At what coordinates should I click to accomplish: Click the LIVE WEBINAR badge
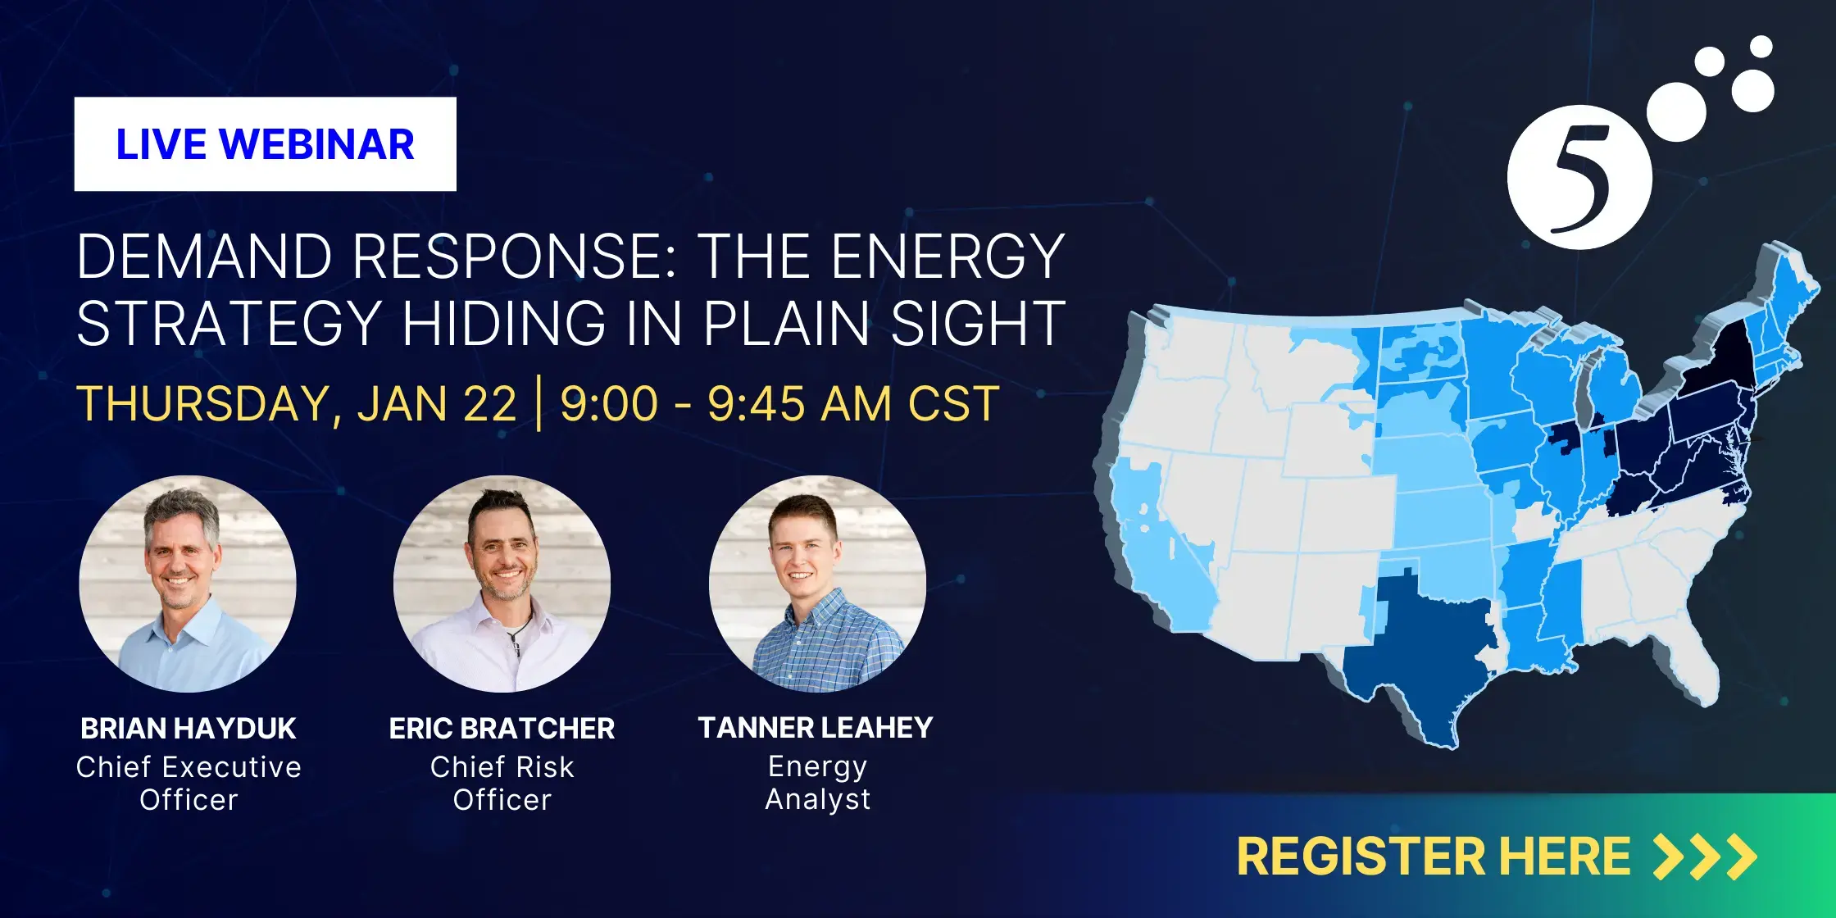click(265, 144)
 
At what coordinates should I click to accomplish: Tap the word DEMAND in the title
click(205, 257)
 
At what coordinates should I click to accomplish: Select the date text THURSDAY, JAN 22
click(297, 404)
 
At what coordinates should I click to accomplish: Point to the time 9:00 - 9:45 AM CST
click(779, 403)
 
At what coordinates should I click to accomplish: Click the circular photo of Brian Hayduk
click(188, 584)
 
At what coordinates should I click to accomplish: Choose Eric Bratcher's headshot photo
click(502, 584)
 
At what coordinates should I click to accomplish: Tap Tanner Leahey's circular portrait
click(817, 584)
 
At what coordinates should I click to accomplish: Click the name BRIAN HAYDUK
click(189, 729)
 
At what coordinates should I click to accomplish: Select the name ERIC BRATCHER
click(502, 729)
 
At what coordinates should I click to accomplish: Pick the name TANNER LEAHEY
click(816, 728)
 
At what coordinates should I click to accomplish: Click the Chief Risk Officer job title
click(502, 783)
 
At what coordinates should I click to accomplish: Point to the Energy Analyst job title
click(817, 782)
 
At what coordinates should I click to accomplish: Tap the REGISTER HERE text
click(1434, 857)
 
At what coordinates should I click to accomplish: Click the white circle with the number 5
click(1579, 177)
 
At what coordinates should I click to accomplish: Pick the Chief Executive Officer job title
click(189, 783)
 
